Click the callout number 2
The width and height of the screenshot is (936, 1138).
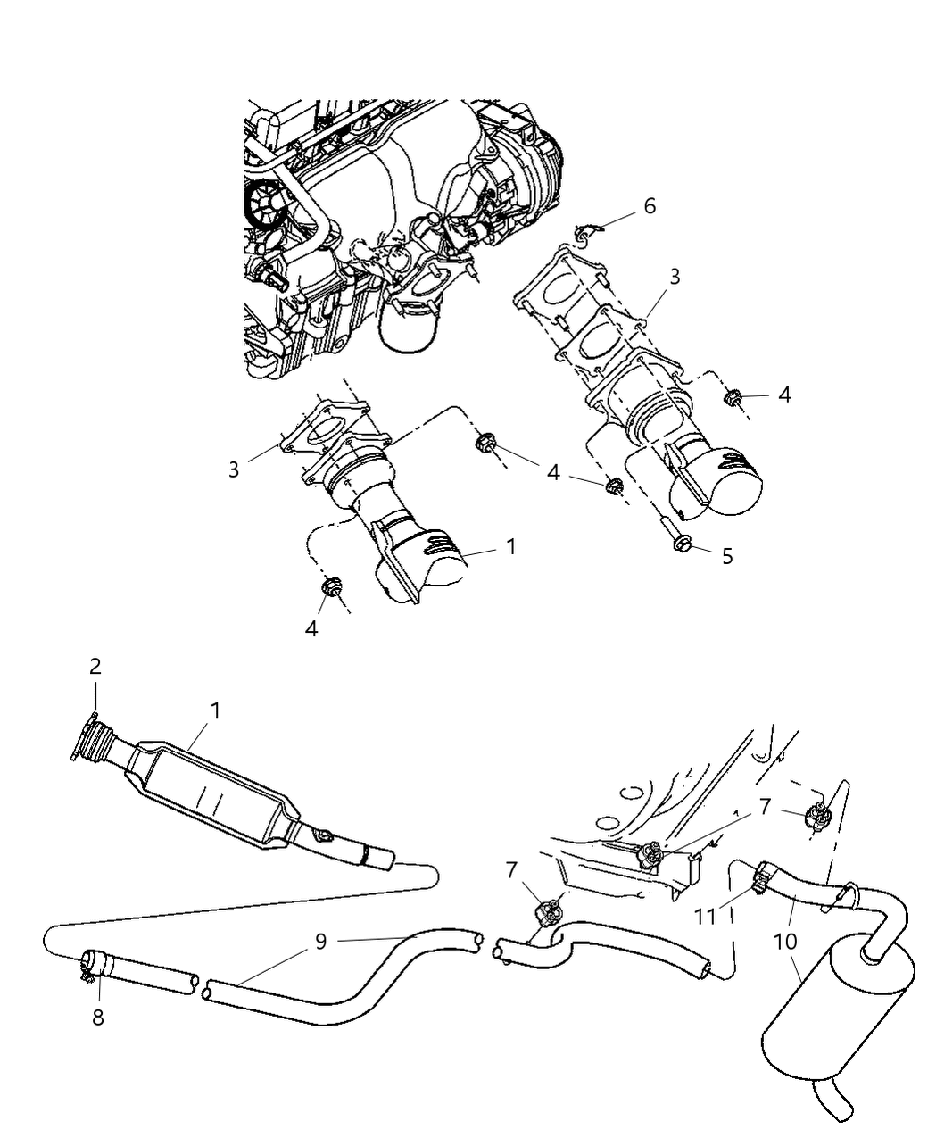click(x=95, y=666)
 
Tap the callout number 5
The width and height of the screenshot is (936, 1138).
click(x=726, y=556)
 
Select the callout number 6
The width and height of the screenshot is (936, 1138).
click(x=650, y=206)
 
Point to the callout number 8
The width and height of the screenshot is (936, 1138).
click(x=97, y=1017)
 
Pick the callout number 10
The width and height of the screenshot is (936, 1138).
click(x=787, y=942)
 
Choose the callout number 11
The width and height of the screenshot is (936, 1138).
click(x=706, y=916)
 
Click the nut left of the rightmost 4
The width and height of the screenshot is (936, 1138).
click(x=733, y=398)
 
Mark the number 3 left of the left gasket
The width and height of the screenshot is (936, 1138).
click(x=234, y=469)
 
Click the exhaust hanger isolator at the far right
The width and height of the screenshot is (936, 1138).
click(x=818, y=815)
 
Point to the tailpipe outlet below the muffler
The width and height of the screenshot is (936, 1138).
click(x=834, y=1102)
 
